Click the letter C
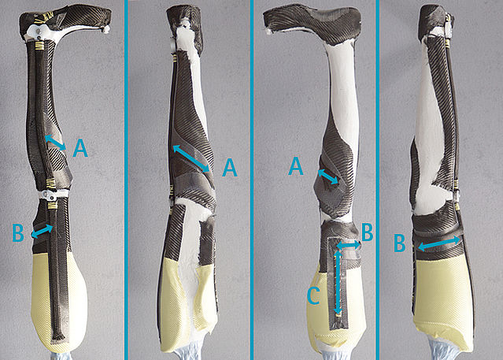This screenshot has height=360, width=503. point(313,295)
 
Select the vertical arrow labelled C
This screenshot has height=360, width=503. point(338,282)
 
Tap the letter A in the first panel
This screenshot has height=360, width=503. point(80,148)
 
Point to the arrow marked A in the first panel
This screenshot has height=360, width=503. point(56,143)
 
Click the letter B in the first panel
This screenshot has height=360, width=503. point(18,233)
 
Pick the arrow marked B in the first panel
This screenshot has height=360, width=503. point(42,232)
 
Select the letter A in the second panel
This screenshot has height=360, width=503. point(230,167)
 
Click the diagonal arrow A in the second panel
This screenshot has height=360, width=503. point(191,158)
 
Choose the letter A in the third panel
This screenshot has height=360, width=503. point(296,165)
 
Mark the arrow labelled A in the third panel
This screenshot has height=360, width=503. point(327,176)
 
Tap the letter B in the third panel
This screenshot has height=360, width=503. point(368,232)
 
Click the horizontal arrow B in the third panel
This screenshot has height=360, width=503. point(349,245)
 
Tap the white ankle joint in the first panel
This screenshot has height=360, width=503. point(40,32)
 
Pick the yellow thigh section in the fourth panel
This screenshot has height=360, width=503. point(442,299)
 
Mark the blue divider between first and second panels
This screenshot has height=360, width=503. point(127,180)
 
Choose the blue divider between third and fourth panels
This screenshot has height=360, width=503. point(378,180)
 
